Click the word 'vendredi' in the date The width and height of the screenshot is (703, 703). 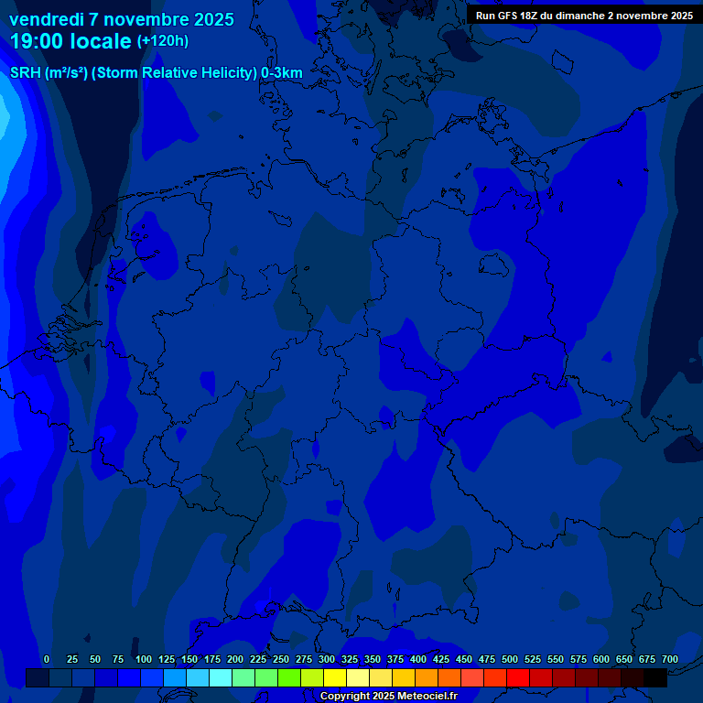click(x=46, y=19)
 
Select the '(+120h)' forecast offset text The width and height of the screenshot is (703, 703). click(x=162, y=41)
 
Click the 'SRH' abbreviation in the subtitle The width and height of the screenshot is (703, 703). click(x=25, y=73)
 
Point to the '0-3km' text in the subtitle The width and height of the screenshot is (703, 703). click(x=281, y=73)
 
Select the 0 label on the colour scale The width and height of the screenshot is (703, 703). click(x=47, y=660)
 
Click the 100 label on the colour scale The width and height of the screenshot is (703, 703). click(x=144, y=660)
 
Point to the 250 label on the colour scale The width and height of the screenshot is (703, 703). click(x=281, y=660)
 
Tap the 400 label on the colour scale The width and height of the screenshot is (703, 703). click(x=418, y=660)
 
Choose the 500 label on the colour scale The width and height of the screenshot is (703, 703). click(x=510, y=660)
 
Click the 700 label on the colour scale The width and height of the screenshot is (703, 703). click(x=670, y=660)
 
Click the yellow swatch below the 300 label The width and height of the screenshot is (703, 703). click(x=335, y=678)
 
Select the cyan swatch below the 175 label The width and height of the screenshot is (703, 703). click(x=221, y=678)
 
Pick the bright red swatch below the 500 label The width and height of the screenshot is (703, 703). click(x=518, y=678)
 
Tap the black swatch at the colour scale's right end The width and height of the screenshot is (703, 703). click(x=655, y=678)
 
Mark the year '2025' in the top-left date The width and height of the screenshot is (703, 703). click(x=214, y=19)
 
